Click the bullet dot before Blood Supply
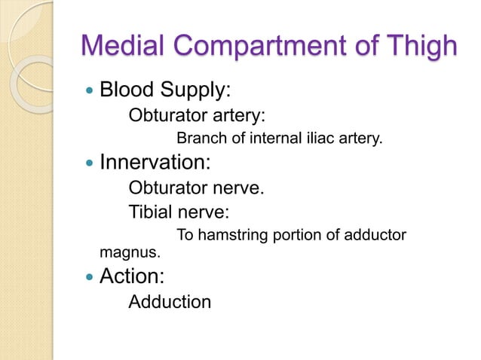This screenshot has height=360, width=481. click(x=90, y=91)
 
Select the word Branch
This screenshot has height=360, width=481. click(x=198, y=139)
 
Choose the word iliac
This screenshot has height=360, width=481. click(x=310, y=139)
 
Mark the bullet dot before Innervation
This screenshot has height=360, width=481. click(x=90, y=163)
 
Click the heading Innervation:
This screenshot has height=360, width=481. click(x=155, y=163)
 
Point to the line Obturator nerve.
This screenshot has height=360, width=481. click(x=196, y=188)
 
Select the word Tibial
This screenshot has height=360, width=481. click(x=150, y=212)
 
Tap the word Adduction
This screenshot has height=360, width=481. click(x=170, y=302)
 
